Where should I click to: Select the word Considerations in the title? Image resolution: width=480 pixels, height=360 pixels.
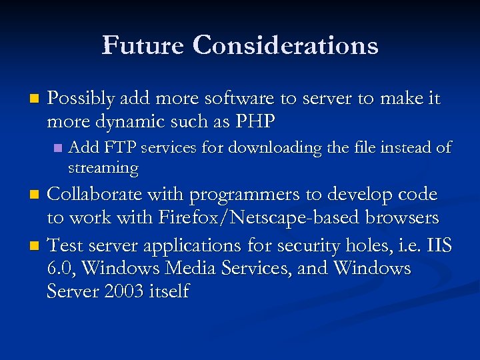click(286, 45)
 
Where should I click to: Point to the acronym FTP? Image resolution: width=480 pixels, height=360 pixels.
click(119, 147)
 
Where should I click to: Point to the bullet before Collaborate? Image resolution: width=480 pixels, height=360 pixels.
click(36, 195)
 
